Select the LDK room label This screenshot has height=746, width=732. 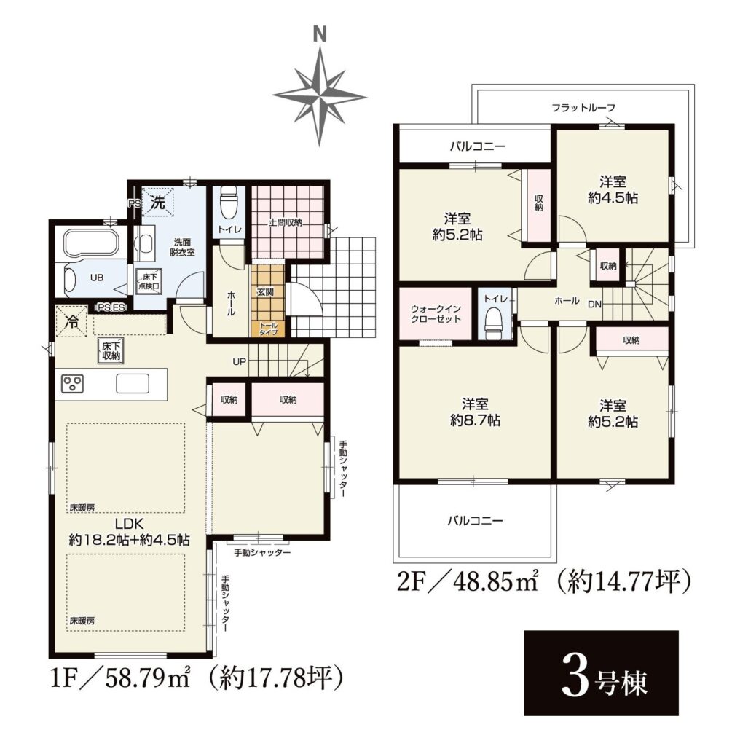click(x=130, y=524)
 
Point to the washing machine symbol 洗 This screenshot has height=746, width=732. click(x=157, y=203)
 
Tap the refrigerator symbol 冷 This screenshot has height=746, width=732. click(x=72, y=321)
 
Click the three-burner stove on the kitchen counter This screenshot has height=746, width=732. click(x=72, y=383)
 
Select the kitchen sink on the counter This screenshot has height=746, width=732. click(x=133, y=383)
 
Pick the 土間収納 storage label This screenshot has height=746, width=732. click(x=286, y=222)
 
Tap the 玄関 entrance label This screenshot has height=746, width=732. click(x=265, y=291)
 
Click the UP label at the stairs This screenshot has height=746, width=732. click(x=239, y=361)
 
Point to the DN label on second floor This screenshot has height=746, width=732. click(x=594, y=305)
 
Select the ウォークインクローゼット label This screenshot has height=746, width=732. click(x=436, y=314)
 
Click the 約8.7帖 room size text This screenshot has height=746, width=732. click(x=475, y=420)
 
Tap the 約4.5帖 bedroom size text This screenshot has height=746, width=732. click(x=613, y=197)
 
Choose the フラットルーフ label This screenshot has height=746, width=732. click(x=583, y=108)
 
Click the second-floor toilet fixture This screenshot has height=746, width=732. click(x=493, y=324)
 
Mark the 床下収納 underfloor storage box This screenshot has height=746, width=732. click(x=111, y=351)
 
